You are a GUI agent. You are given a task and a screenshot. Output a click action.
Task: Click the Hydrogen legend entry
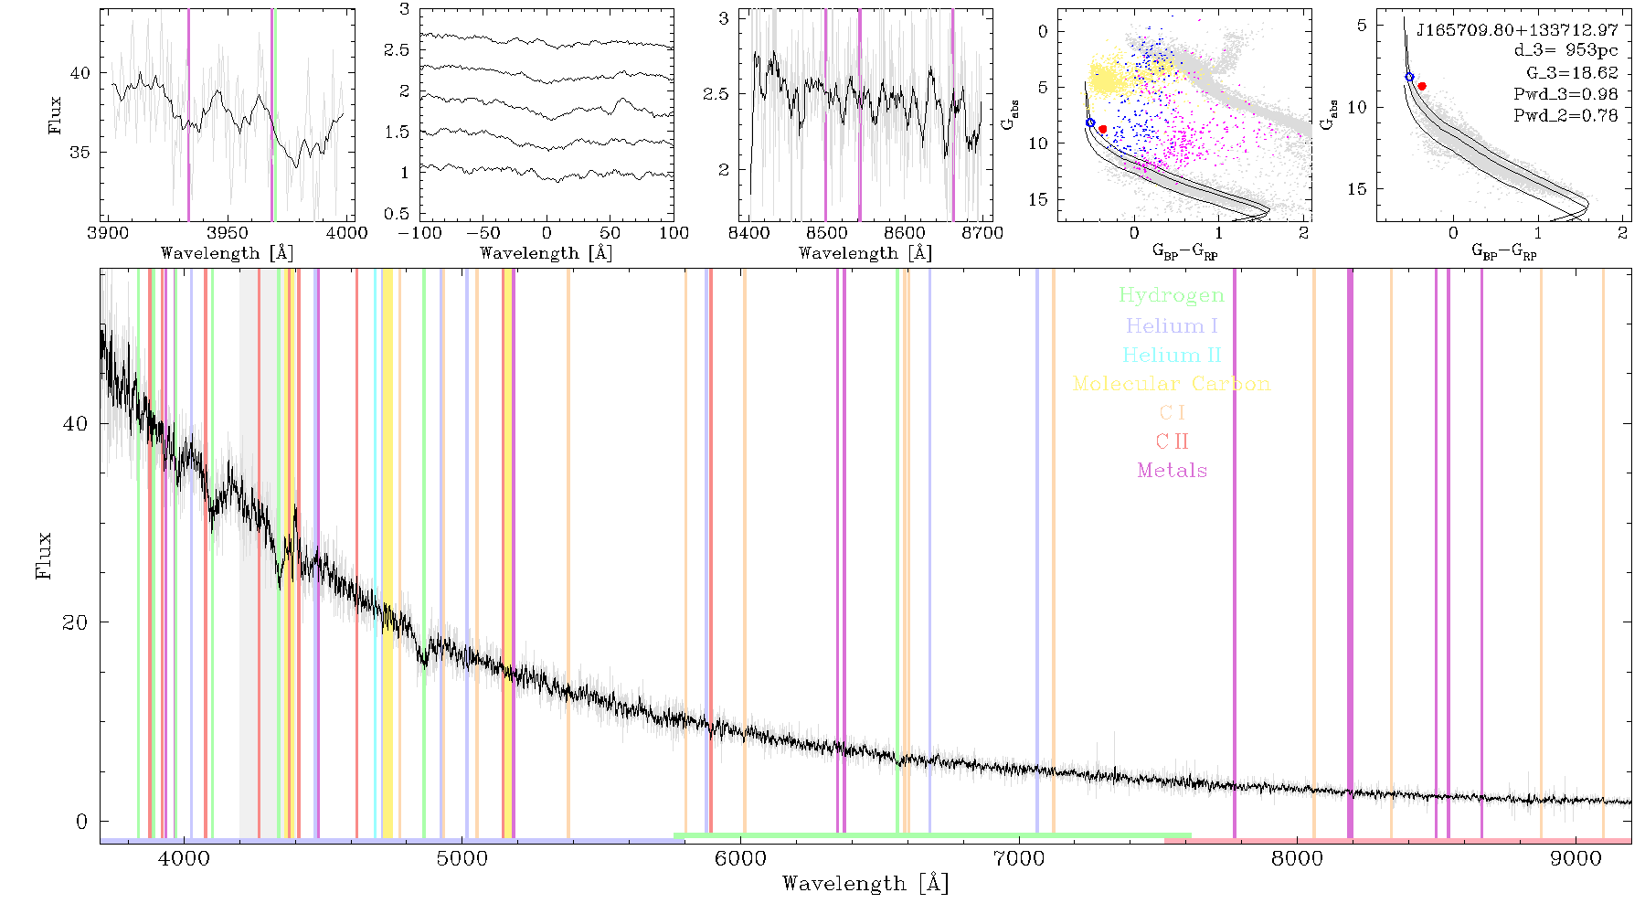[1171, 295]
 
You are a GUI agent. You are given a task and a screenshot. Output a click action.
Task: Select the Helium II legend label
[1172, 355]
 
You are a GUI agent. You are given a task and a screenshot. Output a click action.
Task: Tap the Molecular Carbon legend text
[1172, 384]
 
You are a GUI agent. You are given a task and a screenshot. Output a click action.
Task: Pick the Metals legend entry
[1173, 471]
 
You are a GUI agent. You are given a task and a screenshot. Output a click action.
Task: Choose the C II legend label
[1173, 441]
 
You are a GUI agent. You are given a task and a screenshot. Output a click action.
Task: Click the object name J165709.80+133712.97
[1517, 30]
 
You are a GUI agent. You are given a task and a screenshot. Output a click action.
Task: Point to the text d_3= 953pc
[1565, 51]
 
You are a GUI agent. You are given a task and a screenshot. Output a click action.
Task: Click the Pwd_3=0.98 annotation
[1565, 94]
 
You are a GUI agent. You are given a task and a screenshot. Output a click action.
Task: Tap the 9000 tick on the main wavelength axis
[1576, 858]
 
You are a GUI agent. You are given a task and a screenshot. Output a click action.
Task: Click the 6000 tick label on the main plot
[740, 858]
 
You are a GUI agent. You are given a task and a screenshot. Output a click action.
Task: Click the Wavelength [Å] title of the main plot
[865, 884]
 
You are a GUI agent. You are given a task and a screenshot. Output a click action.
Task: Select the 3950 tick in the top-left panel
[228, 233]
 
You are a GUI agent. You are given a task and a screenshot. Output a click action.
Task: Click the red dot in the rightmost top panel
[1422, 86]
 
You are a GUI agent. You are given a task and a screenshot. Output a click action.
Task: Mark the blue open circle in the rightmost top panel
[1409, 78]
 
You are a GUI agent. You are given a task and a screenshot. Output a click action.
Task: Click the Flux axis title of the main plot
[43, 556]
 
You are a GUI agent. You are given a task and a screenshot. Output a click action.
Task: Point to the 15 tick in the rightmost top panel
[1358, 189]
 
